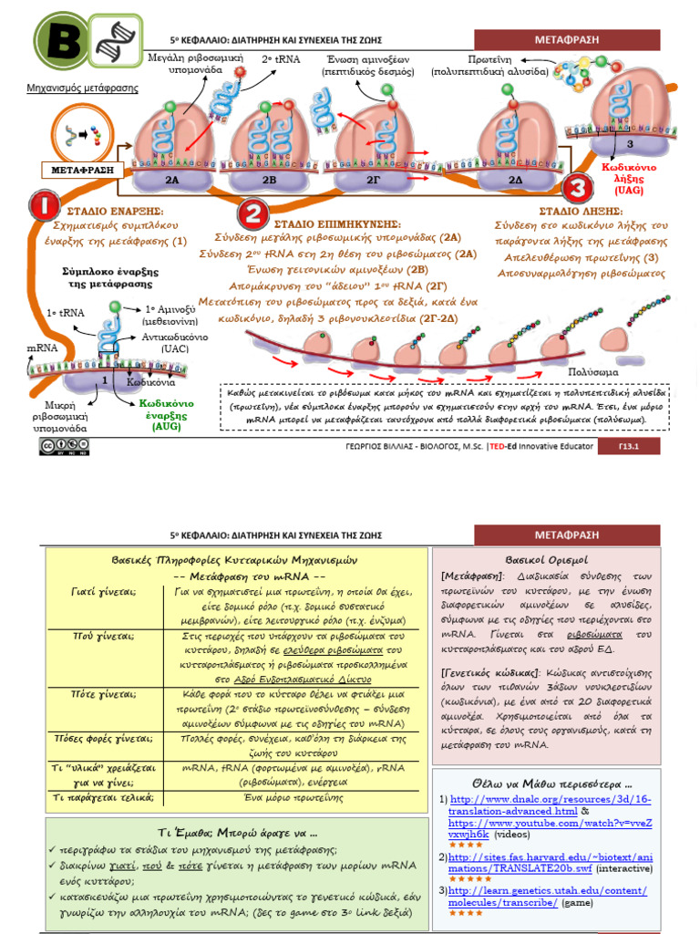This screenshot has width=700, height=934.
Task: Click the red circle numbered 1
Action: tap(45, 205)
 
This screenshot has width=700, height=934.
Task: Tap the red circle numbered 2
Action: tap(252, 215)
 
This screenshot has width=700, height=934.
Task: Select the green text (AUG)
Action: tap(167, 426)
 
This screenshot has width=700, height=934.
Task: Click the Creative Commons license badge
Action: tap(57, 446)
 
